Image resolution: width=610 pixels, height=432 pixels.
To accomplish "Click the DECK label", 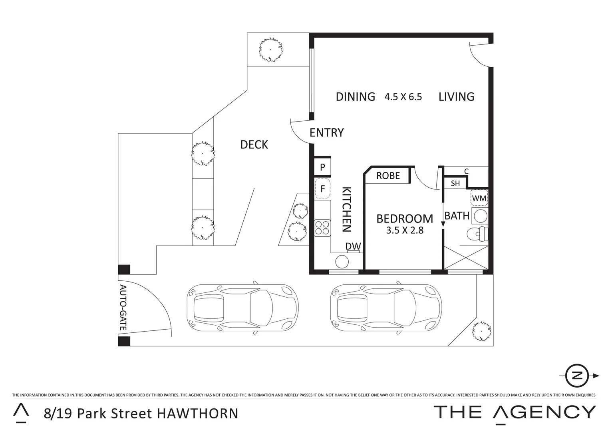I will [x=254, y=145].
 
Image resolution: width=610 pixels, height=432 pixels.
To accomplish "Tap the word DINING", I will [x=355, y=97].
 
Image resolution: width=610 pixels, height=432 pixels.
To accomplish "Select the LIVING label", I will [x=456, y=97].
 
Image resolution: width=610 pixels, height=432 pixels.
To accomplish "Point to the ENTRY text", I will [x=326, y=133].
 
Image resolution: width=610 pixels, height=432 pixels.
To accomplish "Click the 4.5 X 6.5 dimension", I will [x=403, y=97].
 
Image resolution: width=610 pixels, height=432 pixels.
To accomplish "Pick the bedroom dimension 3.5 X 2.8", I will [x=404, y=230].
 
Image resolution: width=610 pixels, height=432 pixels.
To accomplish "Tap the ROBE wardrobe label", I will [x=388, y=176].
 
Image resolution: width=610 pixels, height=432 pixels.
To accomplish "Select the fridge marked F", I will [x=322, y=188].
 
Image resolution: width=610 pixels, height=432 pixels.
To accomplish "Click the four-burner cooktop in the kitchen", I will [x=322, y=227].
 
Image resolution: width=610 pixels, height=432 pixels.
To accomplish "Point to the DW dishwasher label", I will [x=353, y=246].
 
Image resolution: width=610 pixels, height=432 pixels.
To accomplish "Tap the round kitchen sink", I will [x=342, y=262].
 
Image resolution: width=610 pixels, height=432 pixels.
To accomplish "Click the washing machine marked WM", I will [x=479, y=198].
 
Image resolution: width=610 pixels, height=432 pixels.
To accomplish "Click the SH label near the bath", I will [x=455, y=184].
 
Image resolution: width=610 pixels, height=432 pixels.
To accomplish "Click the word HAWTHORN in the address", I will [x=198, y=413].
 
